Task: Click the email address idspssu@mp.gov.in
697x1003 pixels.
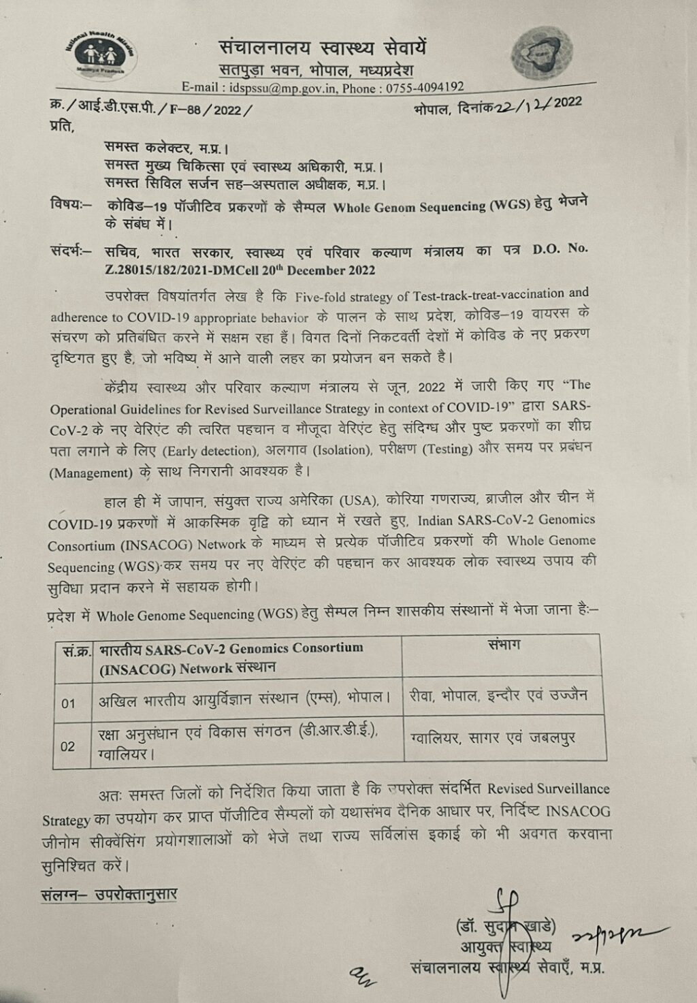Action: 283,87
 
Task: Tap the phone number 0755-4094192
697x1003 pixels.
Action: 425,86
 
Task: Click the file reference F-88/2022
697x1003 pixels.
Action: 210,109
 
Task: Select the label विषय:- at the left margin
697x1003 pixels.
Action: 70,204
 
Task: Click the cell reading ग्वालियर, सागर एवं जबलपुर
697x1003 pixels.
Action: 493,737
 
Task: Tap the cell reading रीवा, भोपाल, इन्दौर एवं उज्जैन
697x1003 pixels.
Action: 498,696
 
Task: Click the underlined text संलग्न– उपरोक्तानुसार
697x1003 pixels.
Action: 109,894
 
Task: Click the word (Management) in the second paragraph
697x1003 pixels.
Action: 91,472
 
